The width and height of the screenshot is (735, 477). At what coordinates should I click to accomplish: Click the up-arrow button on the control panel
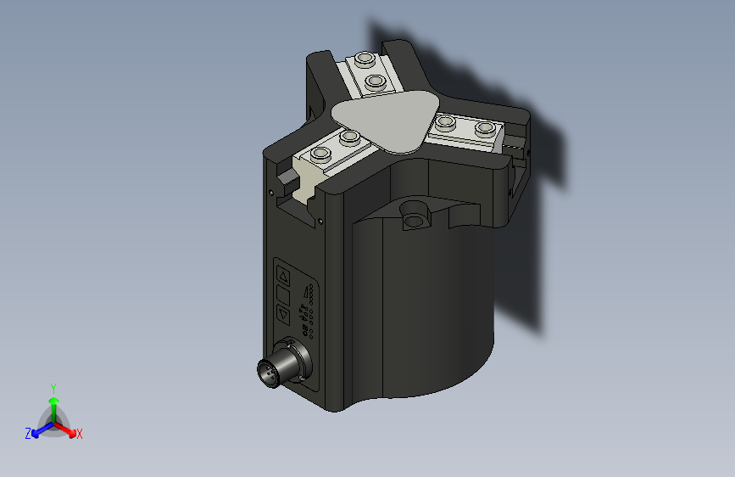click(284, 276)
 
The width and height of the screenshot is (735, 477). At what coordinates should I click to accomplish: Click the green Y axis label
click(53, 387)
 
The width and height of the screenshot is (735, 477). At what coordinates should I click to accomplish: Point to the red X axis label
click(80, 434)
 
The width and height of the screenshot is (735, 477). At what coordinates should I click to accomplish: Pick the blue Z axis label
click(28, 433)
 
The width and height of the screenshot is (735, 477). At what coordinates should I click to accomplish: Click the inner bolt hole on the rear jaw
click(374, 81)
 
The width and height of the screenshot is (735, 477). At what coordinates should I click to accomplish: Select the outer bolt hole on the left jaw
click(320, 154)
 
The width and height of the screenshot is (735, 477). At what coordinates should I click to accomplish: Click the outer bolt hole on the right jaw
click(485, 128)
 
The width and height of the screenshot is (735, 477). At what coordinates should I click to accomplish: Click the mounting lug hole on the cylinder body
click(414, 222)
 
